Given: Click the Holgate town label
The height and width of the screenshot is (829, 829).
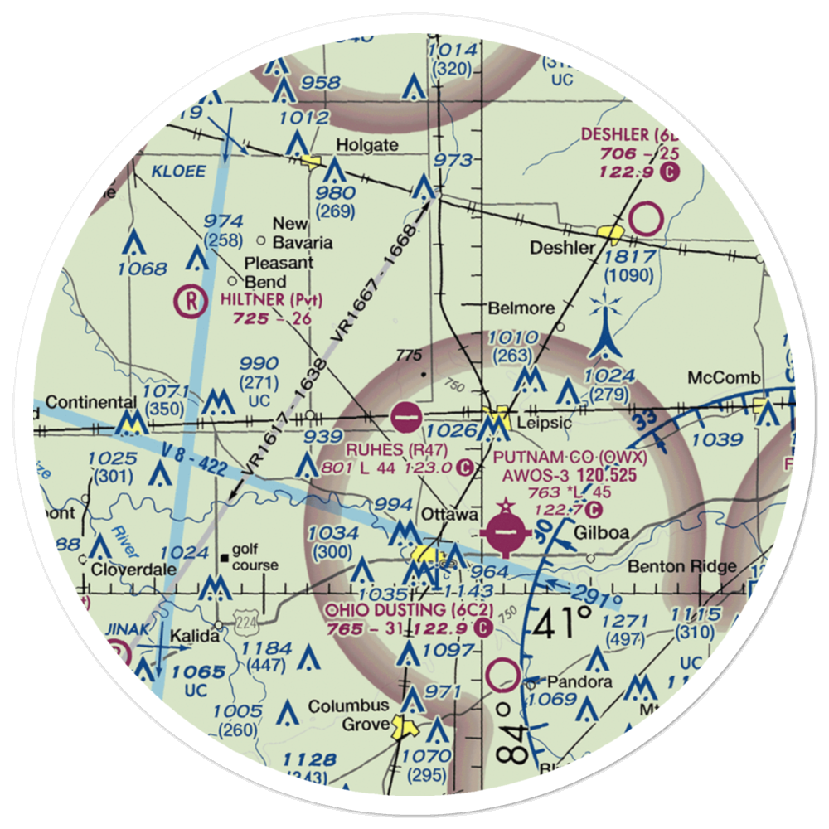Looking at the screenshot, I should coord(366,145).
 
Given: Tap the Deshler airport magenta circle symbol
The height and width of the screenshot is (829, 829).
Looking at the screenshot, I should coord(646,220).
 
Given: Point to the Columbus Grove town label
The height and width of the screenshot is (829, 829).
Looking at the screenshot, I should coord(348,715).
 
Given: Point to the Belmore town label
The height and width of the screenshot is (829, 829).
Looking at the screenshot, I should coord(521,308).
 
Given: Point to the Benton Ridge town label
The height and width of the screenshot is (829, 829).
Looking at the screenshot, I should coord(682,567).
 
